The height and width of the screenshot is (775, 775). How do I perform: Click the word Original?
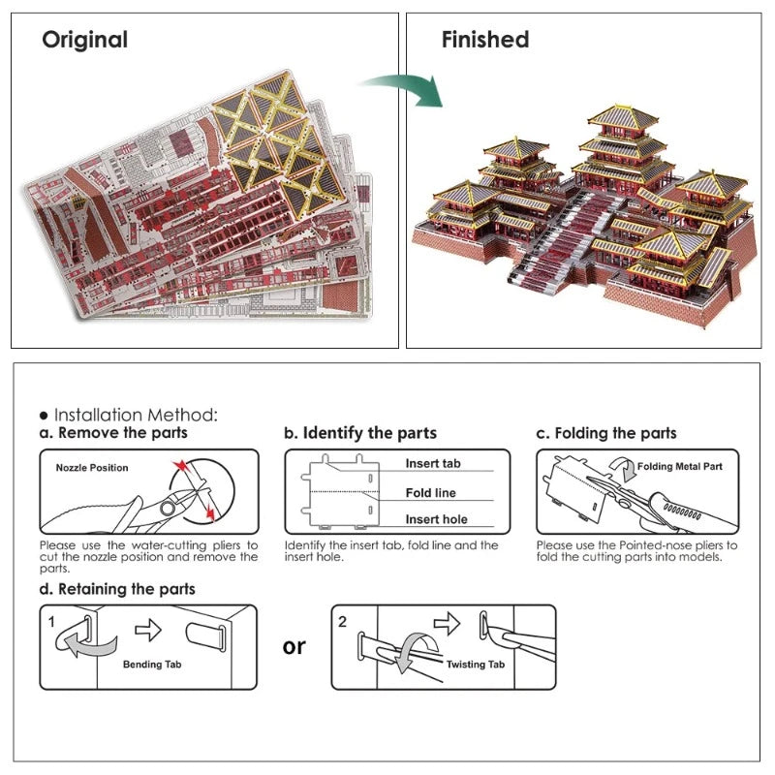point(85,40)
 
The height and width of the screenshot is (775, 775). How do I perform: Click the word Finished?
point(485,40)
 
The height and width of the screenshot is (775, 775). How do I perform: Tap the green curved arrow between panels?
point(403,88)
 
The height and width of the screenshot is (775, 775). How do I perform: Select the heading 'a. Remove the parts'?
point(113,433)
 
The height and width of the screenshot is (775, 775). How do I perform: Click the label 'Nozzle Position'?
point(92,468)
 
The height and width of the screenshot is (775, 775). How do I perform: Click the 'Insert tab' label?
point(433,463)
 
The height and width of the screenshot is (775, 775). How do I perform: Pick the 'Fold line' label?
point(430,493)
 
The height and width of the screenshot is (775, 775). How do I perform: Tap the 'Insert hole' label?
point(437,519)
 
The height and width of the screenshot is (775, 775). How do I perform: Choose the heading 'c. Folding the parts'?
point(606,433)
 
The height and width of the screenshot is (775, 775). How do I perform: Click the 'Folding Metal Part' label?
point(680,466)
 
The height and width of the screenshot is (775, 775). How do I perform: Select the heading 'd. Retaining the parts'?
point(117,589)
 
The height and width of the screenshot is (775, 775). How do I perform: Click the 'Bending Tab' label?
point(152,665)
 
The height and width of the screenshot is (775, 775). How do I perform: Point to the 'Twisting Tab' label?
point(476,665)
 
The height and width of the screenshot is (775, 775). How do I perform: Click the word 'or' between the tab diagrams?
point(294,646)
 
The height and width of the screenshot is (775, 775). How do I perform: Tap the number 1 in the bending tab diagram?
point(51,622)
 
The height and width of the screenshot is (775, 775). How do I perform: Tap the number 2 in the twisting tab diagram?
point(343,622)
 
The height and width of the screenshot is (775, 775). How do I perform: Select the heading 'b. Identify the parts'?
point(360,433)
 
